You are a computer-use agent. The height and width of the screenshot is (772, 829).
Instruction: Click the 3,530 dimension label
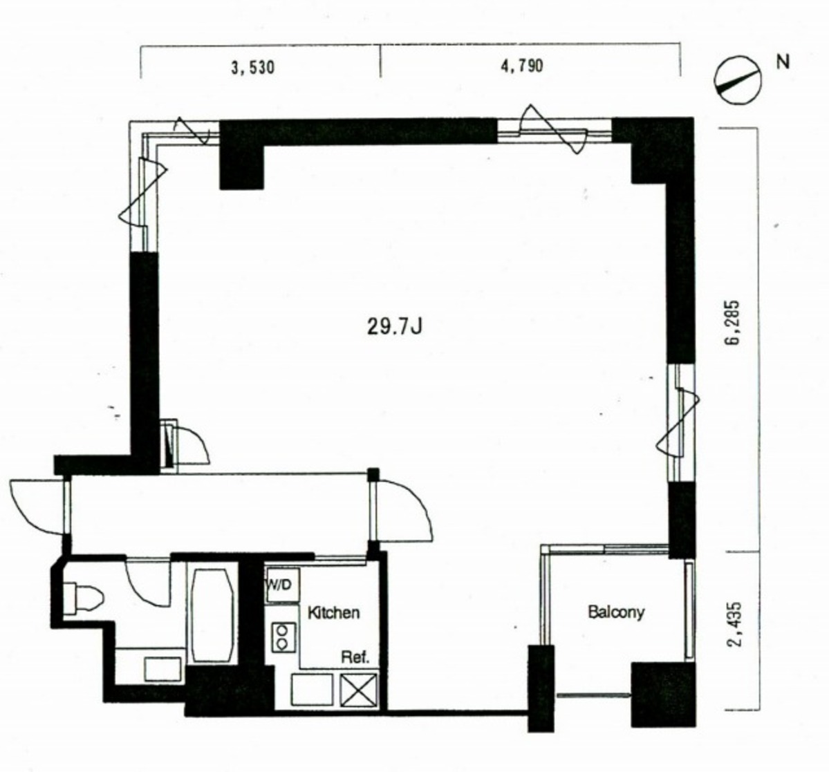point(252,68)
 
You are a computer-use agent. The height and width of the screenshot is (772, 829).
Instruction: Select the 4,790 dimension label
point(522,66)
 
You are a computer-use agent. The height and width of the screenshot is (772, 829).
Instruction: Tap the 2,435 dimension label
point(735,625)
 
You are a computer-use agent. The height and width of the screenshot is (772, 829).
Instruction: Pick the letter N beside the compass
point(783,62)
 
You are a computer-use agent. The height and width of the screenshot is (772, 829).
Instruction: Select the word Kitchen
point(333,613)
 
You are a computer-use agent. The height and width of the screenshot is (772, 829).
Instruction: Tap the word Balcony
point(616,612)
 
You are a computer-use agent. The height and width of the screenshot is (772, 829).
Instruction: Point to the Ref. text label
point(355,657)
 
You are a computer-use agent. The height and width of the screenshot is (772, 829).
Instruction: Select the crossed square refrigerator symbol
point(360,690)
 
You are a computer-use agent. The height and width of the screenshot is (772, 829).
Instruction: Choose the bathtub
point(212,614)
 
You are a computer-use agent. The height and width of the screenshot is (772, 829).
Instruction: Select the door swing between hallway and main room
point(403,510)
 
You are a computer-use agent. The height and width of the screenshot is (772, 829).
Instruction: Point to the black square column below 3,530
point(241,167)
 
